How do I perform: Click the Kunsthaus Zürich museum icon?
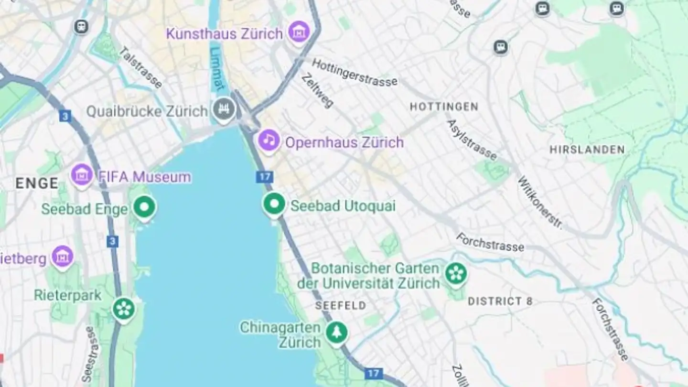(299, 32)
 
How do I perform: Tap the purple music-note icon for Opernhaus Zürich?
(269, 140)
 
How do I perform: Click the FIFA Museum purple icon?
(82, 175)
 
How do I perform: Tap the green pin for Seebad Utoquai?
(274, 204)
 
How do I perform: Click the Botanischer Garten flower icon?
(456, 274)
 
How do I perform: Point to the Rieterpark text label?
(68, 295)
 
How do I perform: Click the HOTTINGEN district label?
(444, 107)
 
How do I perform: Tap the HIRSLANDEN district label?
(587, 150)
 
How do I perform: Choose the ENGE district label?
(37, 183)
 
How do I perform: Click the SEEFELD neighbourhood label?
(341, 305)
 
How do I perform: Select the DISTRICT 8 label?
(500, 301)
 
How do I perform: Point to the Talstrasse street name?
(140, 67)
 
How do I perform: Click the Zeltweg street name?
(318, 90)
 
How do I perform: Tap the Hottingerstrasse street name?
(355, 73)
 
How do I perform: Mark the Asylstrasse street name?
(472, 140)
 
